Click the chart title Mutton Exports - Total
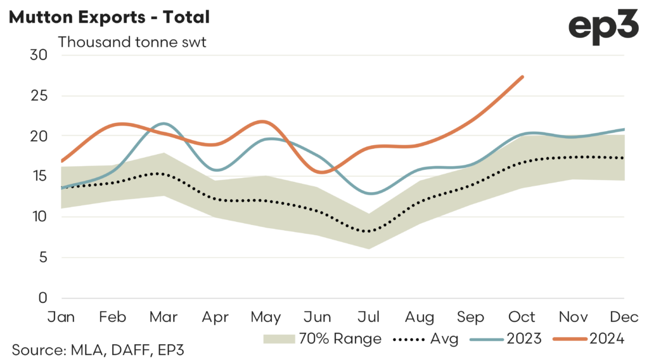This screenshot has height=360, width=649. [108, 17]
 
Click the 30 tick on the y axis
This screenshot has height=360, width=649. [39, 55]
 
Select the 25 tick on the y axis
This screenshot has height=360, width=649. [39, 95]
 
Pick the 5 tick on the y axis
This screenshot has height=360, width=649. [42, 257]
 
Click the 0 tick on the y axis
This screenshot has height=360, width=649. [42, 298]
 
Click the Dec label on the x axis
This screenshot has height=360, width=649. [624, 316]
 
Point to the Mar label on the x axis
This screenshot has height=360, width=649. [163, 316]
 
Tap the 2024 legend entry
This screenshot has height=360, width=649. [589, 339]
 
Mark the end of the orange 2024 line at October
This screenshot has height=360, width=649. [522, 77]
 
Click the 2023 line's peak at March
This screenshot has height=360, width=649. [163, 124]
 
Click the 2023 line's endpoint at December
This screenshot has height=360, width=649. [624, 129]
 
